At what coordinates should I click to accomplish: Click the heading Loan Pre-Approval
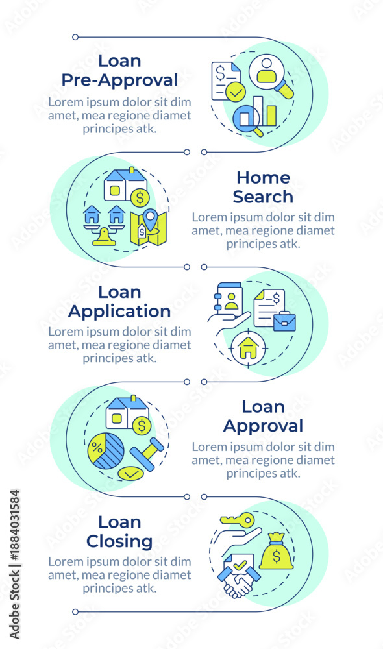tap(119, 70)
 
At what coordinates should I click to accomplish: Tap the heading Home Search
tap(263, 187)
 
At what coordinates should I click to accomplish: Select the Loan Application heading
tap(119, 302)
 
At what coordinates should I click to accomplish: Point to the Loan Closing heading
tap(119, 532)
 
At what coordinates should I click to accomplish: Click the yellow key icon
tap(237, 519)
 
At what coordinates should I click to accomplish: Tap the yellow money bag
tap(276, 551)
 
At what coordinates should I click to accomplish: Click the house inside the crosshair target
tap(248, 349)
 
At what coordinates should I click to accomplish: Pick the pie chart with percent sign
tap(106, 451)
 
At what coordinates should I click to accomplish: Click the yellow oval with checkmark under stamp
tap(131, 474)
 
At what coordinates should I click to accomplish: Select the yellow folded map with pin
tap(148, 227)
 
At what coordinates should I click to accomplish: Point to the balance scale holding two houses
tap(104, 225)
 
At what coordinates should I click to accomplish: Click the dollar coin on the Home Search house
tap(140, 198)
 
